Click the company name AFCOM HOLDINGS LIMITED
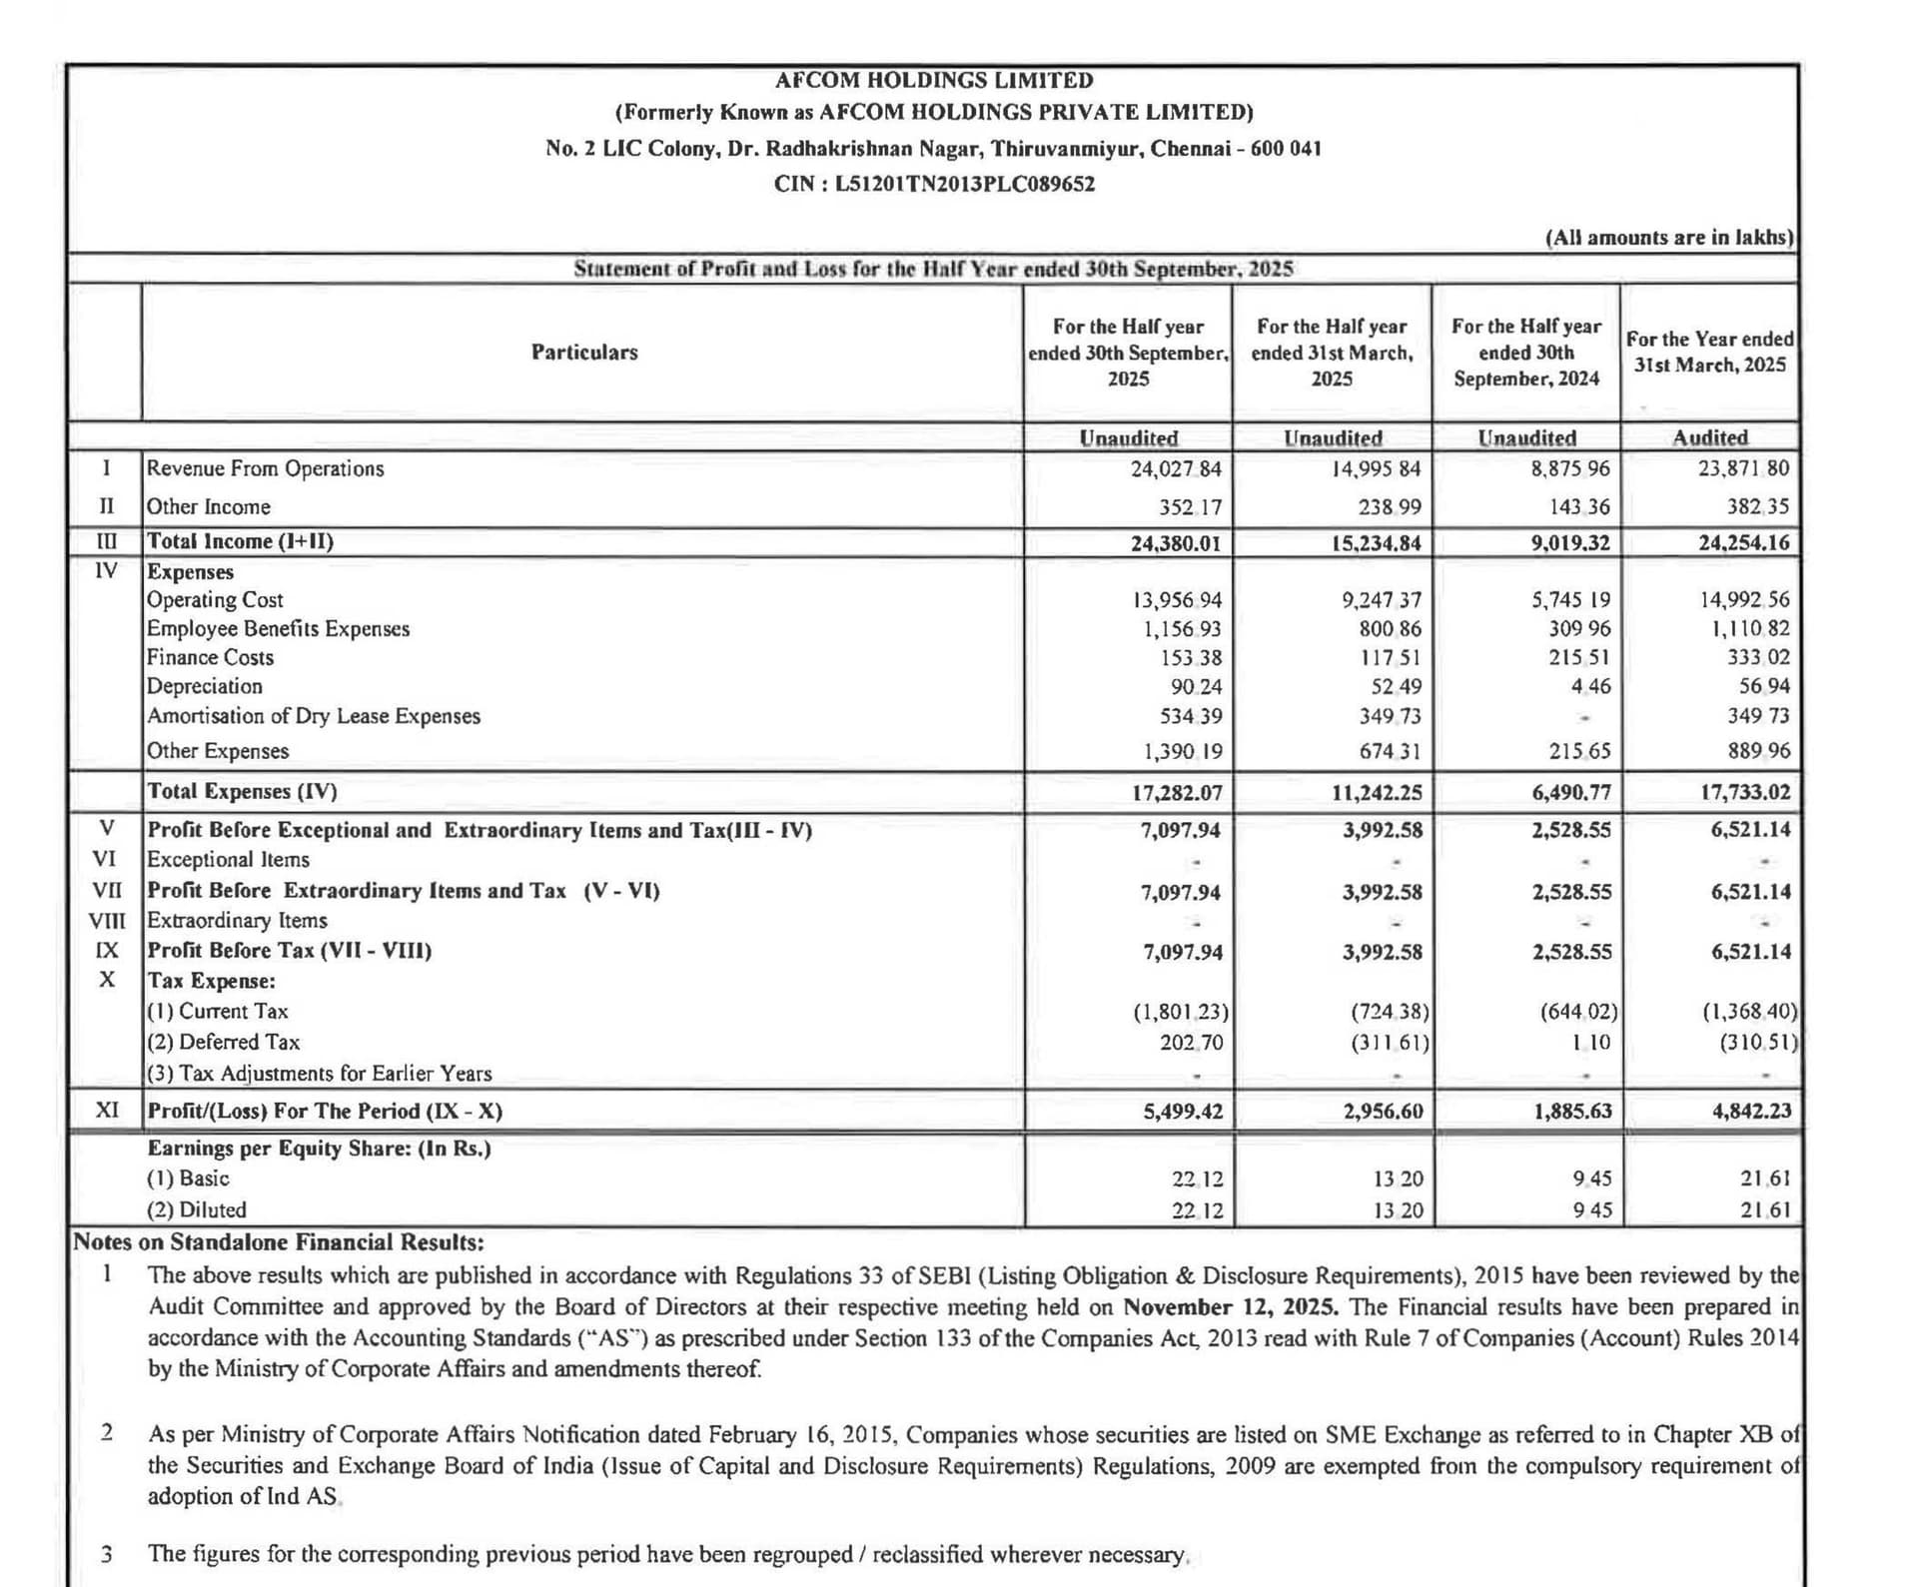[934, 80]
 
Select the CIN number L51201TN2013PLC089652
[964, 184]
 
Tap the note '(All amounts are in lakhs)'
[1669, 238]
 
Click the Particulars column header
[583, 352]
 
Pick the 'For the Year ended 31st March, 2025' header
[1709, 352]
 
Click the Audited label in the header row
[1709, 437]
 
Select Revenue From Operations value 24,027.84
[1175, 468]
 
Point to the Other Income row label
[209, 506]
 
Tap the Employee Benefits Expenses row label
[278, 628]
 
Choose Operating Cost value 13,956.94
[1176, 600]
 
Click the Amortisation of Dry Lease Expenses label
[313, 716]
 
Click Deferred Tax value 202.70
[1191, 1042]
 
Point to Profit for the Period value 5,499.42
[1183, 1111]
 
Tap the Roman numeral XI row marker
[106, 1110]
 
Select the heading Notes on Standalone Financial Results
[278, 1242]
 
